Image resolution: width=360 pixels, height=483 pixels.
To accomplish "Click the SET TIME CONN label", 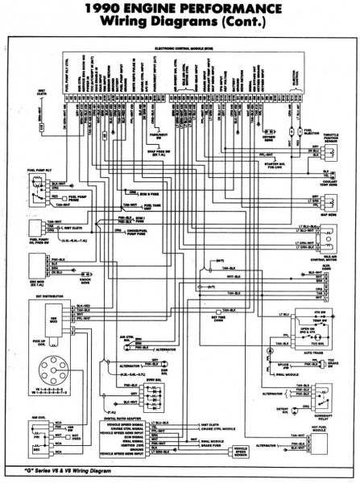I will coord(222,318).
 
